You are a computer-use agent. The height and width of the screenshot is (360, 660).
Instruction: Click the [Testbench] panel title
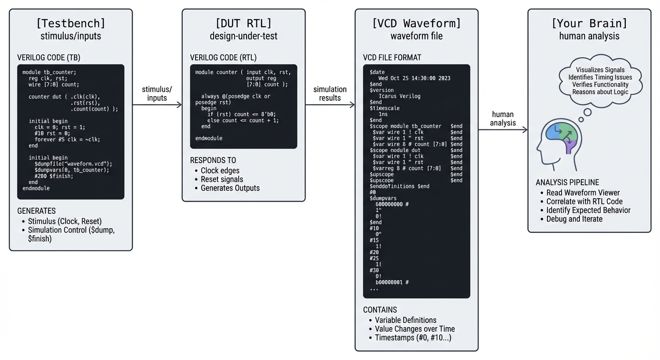coord(71,23)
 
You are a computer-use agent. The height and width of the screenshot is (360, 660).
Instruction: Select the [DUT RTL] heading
coord(243,23)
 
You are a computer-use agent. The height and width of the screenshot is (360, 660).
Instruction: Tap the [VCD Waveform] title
coord(416,23)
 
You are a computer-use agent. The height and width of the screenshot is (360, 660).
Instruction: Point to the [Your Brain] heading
coord(589,23)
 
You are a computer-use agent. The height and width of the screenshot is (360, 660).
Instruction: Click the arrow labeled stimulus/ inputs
coord(157,105)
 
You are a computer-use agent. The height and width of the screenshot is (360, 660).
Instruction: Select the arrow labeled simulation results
coord(330,105)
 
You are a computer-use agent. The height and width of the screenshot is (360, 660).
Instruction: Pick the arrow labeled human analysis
coord(503,130)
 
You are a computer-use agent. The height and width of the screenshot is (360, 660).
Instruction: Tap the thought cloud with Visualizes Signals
coord(600,81)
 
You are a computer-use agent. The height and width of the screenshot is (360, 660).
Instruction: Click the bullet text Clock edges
coord(220,171)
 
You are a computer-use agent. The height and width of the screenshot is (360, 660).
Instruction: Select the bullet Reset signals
coord(222,180)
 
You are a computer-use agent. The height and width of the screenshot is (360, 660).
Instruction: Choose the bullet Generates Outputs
coord(230,188)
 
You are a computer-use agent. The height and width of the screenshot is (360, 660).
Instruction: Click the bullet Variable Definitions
coord(405,320)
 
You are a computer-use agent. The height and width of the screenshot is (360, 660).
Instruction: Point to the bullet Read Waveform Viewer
coord(583,193)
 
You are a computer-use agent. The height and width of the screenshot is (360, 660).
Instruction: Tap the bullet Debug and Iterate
coord(574,219)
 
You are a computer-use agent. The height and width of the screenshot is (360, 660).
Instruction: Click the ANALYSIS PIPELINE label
coord(567,182)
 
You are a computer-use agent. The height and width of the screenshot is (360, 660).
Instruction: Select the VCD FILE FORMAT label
coord(392,58)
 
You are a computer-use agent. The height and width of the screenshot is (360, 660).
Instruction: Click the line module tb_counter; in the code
coord(49,72)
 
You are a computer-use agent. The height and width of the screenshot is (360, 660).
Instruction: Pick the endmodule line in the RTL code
coord(209,138)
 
